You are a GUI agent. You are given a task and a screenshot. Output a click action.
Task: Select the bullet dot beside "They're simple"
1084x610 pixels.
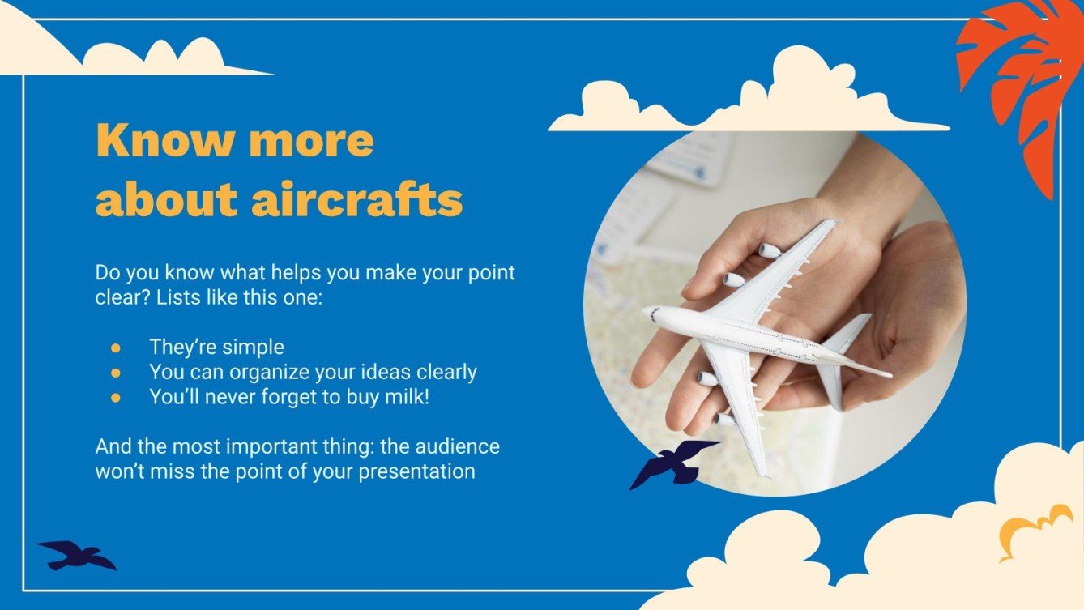coord(116,348)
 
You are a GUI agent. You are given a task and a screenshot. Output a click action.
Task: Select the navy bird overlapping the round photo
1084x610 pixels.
coord(672,464)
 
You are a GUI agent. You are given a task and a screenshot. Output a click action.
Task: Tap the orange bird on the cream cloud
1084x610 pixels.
coord(1033,530)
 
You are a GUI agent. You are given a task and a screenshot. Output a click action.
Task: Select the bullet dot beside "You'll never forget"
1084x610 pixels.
coord(116,398)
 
